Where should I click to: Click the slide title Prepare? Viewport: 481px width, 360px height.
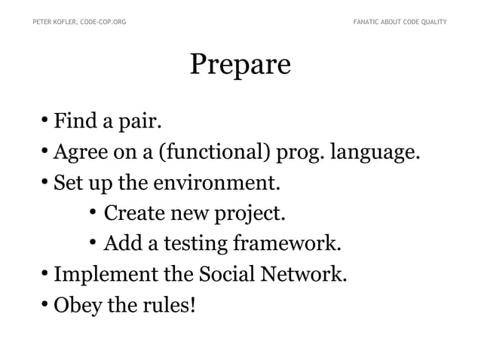240,66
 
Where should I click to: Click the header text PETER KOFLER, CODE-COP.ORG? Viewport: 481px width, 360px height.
79,22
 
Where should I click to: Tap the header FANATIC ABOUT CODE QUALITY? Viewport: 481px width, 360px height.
400,22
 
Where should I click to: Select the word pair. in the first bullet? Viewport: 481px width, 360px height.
138,121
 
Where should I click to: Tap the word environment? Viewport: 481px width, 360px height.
219,183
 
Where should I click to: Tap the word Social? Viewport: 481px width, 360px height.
224,275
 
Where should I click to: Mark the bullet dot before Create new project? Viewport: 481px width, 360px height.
93,213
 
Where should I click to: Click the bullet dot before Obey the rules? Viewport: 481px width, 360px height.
45,305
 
